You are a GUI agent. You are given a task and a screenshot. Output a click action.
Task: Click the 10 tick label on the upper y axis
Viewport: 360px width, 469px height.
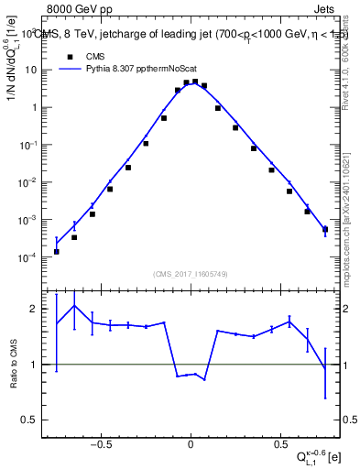click(x=31, y=70)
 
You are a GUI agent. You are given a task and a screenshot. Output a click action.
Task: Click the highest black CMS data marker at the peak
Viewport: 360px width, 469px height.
click(x=194, y=82)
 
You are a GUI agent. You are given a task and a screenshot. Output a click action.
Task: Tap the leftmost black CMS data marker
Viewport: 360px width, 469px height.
click(x=57, y=251)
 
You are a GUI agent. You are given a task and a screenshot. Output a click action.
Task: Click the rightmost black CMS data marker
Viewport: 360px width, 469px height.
click(x=325, y=229)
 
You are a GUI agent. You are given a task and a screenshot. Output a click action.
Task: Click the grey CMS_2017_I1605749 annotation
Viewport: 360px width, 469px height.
click(x=191, y=274)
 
